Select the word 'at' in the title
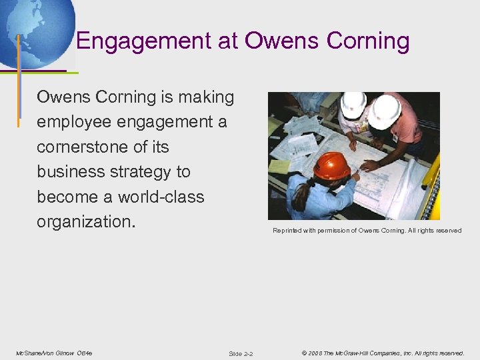point(228,42)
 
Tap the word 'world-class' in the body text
point(161,197)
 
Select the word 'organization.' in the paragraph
point(86,222)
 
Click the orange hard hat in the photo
point(331,165)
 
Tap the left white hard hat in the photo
point(353,104)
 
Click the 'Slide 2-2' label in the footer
point(240,353)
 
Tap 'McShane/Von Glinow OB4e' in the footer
point(54,353)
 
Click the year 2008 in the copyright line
point(315,353)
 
